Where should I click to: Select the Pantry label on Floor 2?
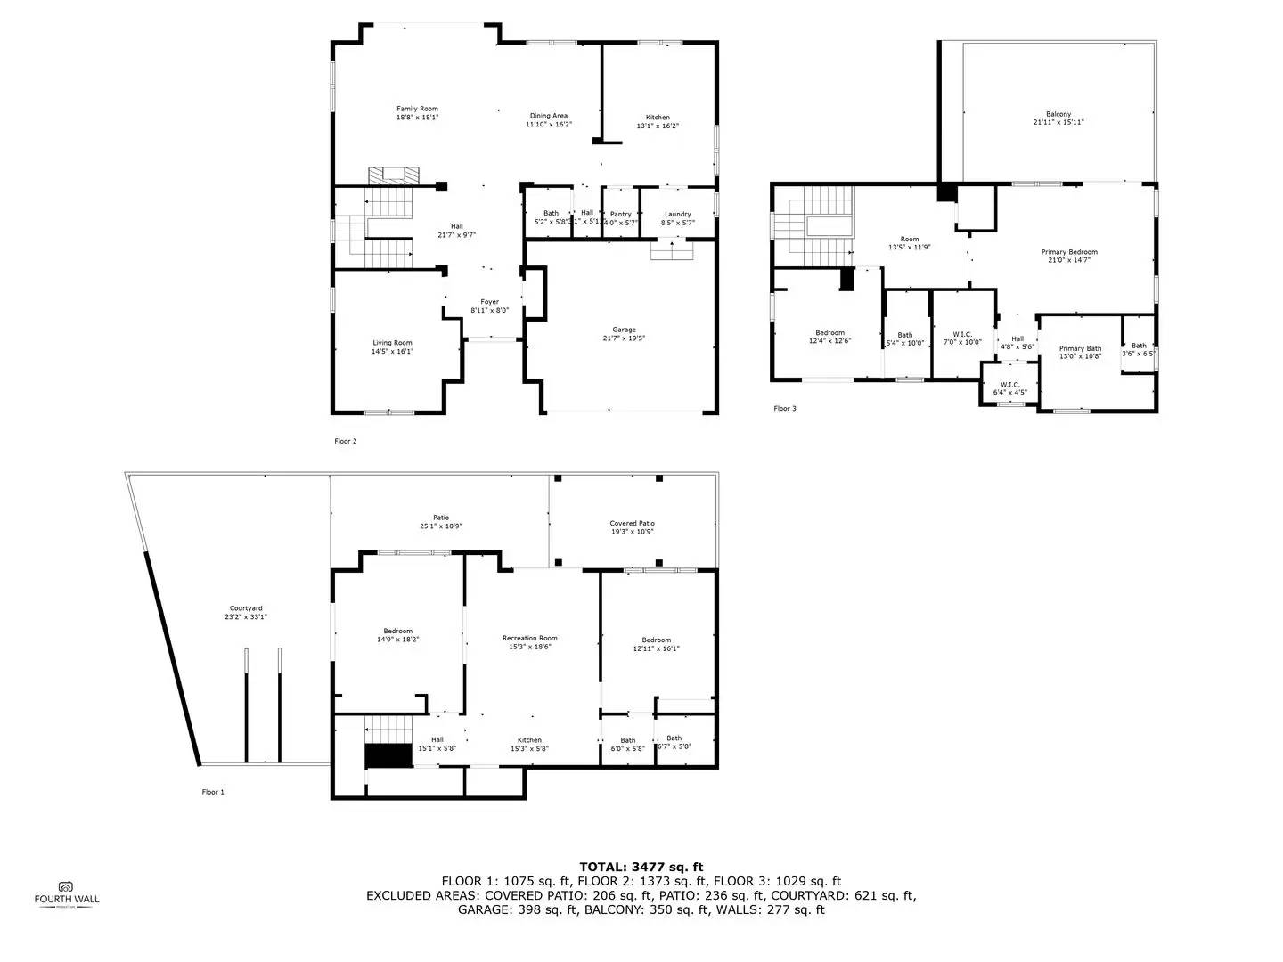click(x=621, y=214)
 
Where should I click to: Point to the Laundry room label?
click(x=678, y=214)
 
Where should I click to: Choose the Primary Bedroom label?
click(x=1069, y=252)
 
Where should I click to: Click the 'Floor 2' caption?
click(x=346, y=441)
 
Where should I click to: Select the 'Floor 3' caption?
click(x=785, y=409)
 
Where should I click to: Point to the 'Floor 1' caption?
click(x=213, y=792)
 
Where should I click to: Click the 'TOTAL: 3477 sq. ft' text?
click(x=641, y=867)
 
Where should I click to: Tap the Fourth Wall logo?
click(x=67, y=893)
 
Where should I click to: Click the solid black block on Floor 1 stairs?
click(x=388, y=755)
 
